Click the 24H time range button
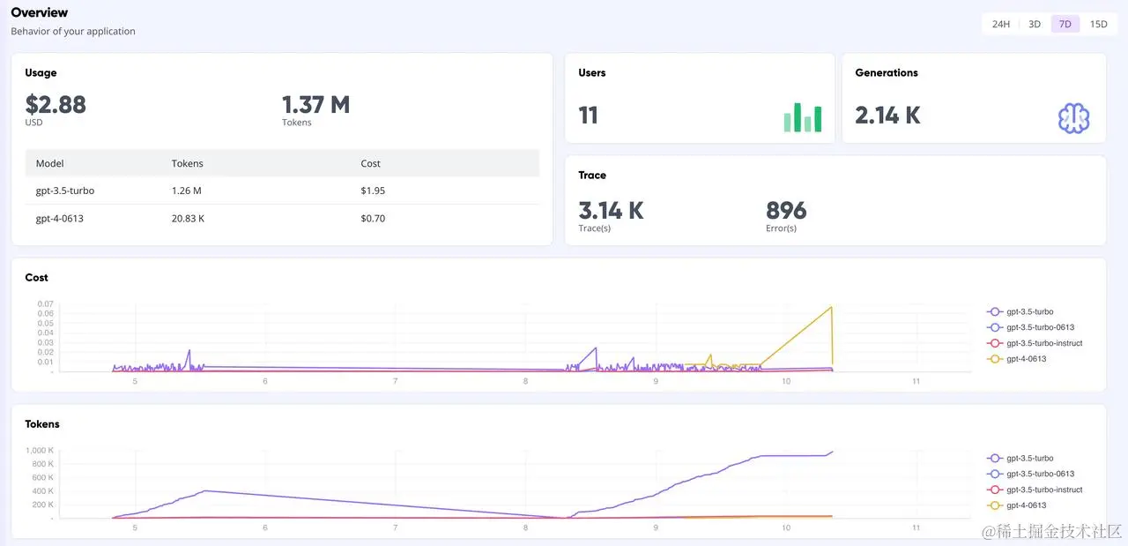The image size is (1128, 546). pyautogui.click(x=1000, y=24)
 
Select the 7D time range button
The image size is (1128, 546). pyautogui.click(x=1065, y=24)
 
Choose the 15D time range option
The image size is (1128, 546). pyautogui.click(x=1098, y=24)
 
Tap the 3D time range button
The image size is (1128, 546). pyautogui.click(x=1035, y=24)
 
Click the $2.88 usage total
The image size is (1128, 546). pyautogui.click(x=56, y=105)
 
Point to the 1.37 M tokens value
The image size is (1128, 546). pyautogui.click(x=315, y=105)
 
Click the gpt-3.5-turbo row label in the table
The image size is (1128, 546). pyautogui.click(x=65, y=191)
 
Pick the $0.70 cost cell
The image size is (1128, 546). pyautogui.click(x=373, y=218)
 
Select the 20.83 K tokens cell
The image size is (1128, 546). pyautogui.click(x=188, y=218)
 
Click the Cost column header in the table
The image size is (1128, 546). pyautogui.click(x=370, y=163)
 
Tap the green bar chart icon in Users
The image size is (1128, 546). pyautogui.click(x=802, y=117)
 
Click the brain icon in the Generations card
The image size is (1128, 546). pyautogui.click(x=1073, y=118)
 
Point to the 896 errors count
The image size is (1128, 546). pyautogui.click(x=786, y=211)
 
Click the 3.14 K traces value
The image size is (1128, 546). pyautogui.click(x=611, y=211)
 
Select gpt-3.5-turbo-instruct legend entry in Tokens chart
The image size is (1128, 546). pyautogui.click(x=1043, y=490)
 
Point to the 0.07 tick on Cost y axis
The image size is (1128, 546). pyautogui.click(x=45, y=304)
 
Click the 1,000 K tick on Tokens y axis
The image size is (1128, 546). pyautogui.click(x=39, y=451)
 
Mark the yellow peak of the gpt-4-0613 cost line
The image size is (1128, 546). pyautogui.click(x=831, y=307)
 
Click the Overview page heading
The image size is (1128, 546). pyautogui.click(x=39, y=12)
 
